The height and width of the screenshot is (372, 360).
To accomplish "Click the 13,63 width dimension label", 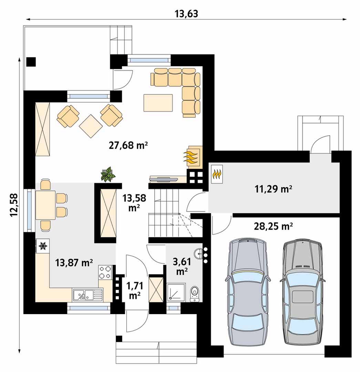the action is coord(186,14).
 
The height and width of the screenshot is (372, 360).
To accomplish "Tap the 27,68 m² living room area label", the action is coord(128,145).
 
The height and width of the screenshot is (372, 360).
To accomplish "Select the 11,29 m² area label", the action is coord(273,189).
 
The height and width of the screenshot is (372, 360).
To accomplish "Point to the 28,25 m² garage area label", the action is coord(273,226).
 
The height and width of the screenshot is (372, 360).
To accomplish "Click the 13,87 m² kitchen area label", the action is coord(74,262).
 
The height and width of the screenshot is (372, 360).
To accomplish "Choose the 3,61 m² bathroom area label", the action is coord(182,266).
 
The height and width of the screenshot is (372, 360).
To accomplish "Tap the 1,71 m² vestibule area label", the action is coord(135,291).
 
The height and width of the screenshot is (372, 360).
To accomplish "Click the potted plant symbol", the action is coord(108,174).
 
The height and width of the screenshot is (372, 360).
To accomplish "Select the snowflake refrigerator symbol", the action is coord(43,246).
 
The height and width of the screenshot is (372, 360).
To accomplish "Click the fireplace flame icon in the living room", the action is coord(191,157).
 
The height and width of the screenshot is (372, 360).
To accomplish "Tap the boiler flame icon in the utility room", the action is coord(217,174).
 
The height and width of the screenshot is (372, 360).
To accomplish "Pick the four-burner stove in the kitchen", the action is coord(105,272).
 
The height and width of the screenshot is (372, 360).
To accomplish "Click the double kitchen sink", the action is coord(87,295).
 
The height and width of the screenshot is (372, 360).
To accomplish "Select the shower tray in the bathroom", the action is coord(176,292).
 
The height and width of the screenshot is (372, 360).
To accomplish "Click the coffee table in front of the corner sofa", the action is coord(158,103).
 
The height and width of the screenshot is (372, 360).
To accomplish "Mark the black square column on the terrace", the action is coord(31,62).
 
